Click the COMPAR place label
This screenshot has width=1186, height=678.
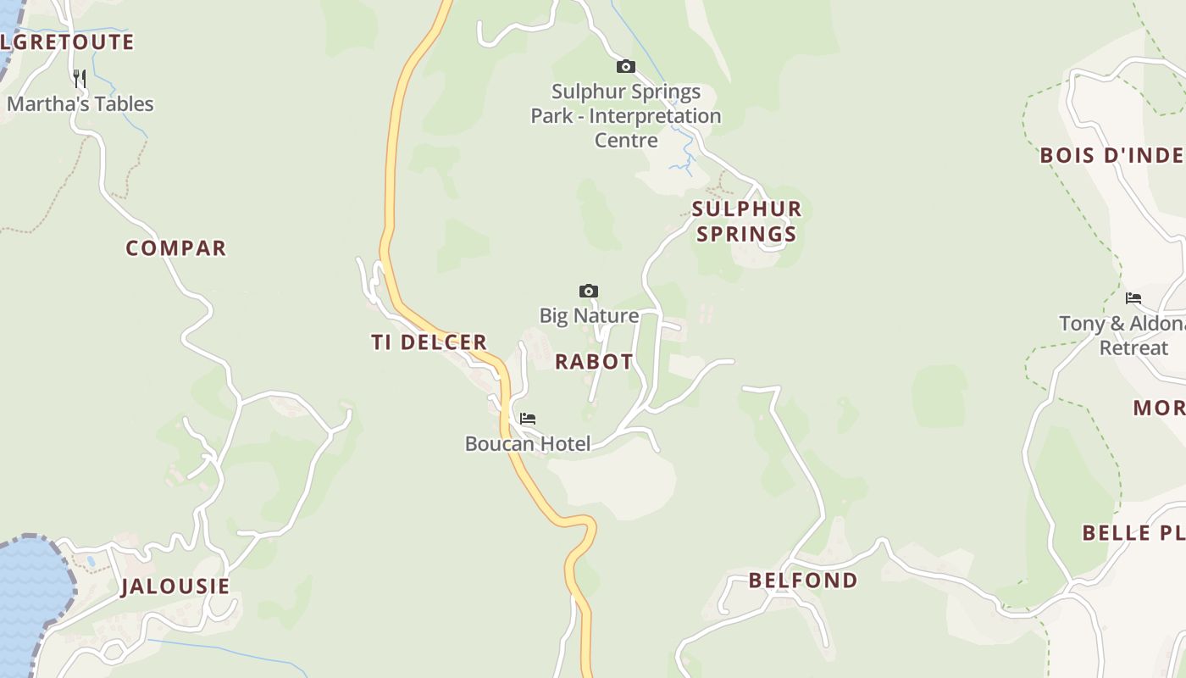(x=176, y=248)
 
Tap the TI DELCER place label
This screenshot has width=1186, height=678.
(x=429, y=342)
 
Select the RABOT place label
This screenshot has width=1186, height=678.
(x=594, y=362)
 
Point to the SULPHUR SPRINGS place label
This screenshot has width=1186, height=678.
(x=746, y=221)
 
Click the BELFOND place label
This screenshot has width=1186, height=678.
(x=803, y=581)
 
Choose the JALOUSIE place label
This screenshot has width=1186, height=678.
(x=175, y=586)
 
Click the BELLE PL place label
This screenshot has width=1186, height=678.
(x=1133, y=533)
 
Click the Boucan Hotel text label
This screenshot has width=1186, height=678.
(x=528, y=443)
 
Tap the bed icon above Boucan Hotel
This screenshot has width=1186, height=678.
(x=528, y=419)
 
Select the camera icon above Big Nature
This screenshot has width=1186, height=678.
(x=589, y=292)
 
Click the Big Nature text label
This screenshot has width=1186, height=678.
(x=589, y=316)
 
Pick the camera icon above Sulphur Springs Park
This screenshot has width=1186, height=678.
(x=625, y=66)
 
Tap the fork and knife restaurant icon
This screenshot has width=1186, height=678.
(x=80, y=79)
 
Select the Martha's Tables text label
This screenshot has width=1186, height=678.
(x=80, y=104)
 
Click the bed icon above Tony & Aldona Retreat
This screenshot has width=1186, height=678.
(x=1133, y=298)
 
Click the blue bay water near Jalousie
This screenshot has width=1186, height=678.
(x=30, y=593)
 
